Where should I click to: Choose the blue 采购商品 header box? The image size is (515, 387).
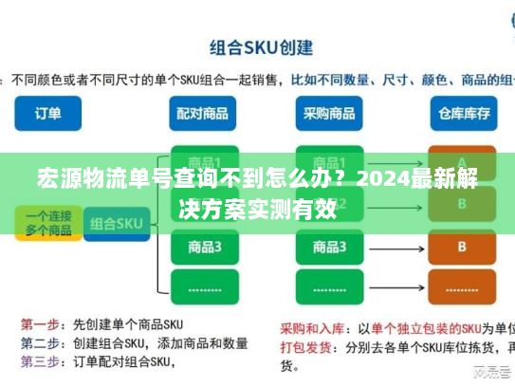pos(329,113)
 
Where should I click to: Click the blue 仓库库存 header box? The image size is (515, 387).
pos(462,113)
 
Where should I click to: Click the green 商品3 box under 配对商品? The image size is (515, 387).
pos(205,247)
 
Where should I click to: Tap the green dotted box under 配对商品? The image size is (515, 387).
pos(205,286)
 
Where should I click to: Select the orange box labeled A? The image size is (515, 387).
pos(462,161)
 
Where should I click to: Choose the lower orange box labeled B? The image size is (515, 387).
pos(462,247)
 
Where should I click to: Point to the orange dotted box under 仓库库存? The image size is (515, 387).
pos(462,286)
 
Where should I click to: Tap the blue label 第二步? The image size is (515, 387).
pos(40,342)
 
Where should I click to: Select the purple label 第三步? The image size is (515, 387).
pos(40,360)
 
